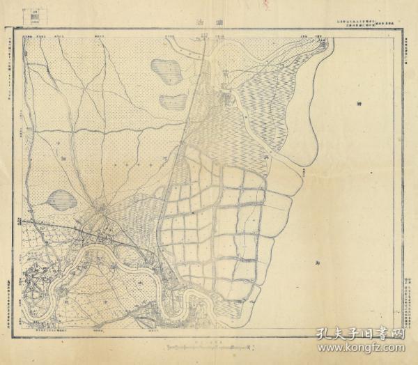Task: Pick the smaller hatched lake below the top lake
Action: click(171, 100)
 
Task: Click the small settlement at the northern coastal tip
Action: click(321, 43)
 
